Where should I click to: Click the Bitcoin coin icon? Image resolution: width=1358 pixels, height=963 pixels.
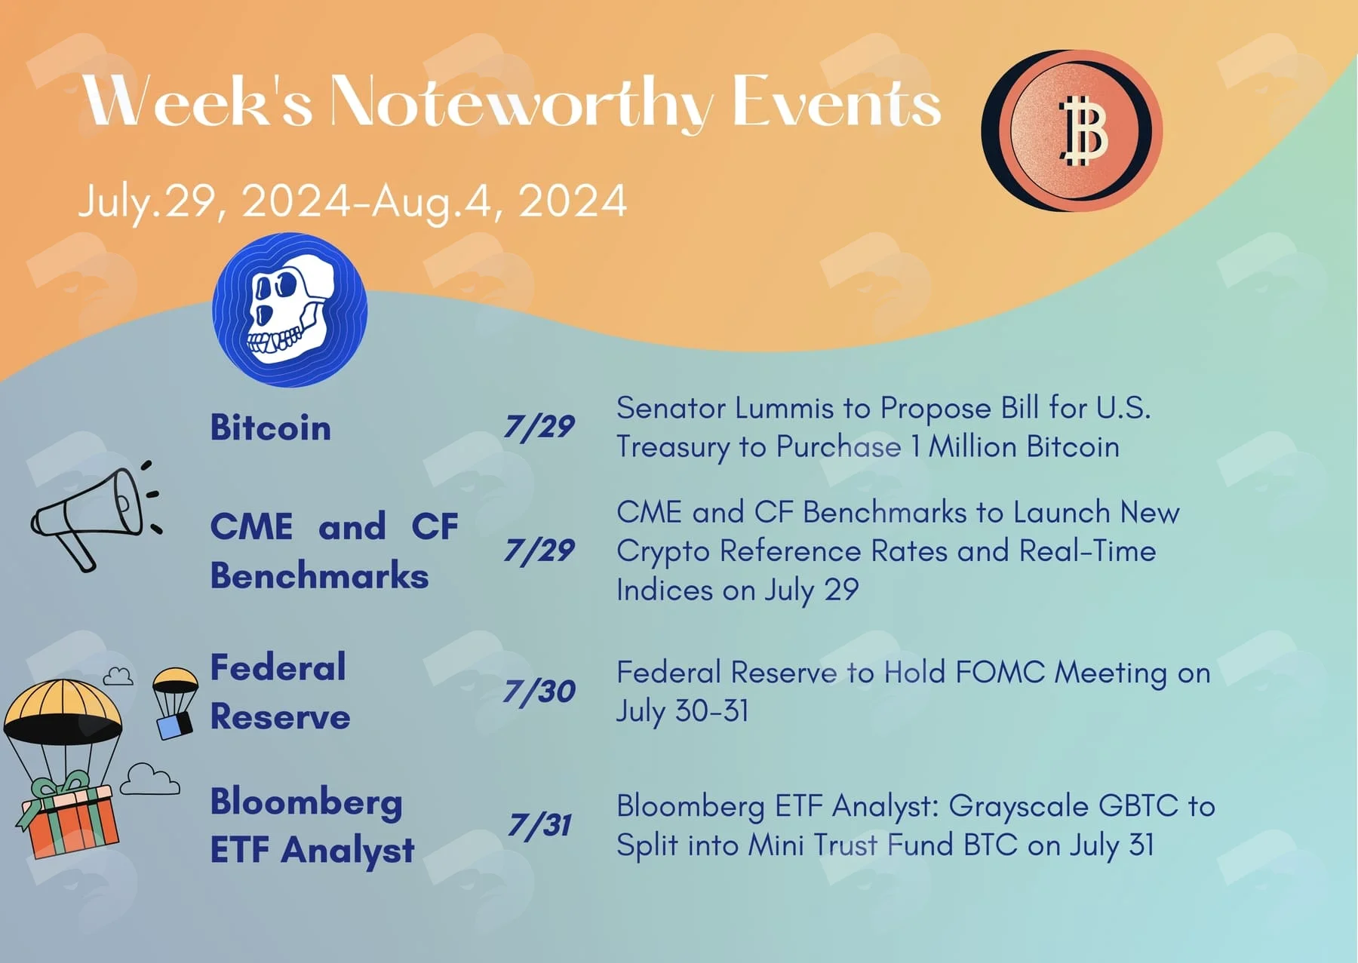(1071, 130)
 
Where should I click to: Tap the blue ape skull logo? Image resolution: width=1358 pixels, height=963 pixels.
(290, 310)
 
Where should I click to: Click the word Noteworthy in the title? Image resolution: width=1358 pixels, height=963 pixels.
(521, 102)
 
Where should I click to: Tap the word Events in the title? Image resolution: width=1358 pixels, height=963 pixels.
(837, 101)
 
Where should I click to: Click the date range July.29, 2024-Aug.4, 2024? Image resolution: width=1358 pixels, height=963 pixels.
(352, 201)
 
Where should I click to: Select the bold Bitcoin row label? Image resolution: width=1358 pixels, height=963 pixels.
(270, 427)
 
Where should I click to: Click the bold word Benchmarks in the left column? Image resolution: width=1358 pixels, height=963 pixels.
(319, 575)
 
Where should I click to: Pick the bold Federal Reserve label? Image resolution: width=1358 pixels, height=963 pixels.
(280, 692)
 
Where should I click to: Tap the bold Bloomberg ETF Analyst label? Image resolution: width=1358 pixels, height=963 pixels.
(312, 825)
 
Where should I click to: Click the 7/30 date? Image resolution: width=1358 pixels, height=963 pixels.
(539, 692)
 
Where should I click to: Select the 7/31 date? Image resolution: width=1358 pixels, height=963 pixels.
(539, 825)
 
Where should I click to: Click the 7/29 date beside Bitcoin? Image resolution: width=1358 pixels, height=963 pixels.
(539, 427)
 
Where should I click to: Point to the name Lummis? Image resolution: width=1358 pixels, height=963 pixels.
(783, 408)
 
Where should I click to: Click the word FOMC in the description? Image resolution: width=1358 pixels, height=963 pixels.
(1000, 672)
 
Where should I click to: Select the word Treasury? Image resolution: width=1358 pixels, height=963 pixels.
(673, 447)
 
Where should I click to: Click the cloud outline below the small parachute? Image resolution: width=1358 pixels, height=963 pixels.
(149, 779)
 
